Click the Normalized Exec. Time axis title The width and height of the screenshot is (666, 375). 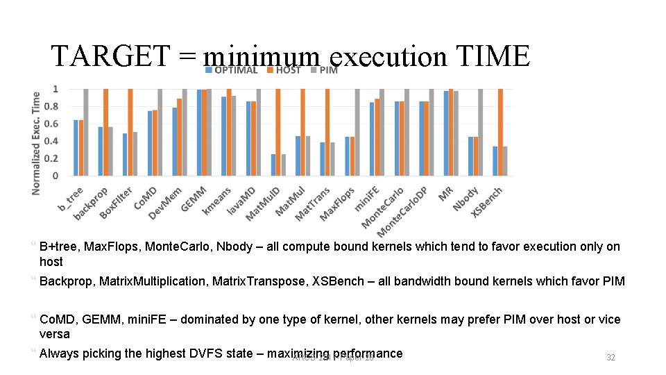[x=36, y=143]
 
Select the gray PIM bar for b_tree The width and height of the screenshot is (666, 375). [x=86, y=132]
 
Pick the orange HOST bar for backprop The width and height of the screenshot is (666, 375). [x=105, y=132]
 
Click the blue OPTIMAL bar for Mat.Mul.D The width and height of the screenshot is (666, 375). [x=273, y=165]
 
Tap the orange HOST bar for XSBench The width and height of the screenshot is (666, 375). [x=500, y=132]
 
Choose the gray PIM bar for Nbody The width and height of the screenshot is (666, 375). [x=480, y=132]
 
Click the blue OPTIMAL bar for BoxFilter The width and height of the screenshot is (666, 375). [x=125, y=154]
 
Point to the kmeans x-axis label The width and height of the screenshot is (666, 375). [x=216, y=200]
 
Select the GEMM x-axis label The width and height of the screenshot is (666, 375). [x=194, y=198]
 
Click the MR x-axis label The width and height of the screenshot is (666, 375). [x=446, y=193]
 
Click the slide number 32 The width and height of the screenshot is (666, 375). [x=610, y=357]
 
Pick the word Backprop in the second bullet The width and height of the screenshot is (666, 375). [x=67, y=281]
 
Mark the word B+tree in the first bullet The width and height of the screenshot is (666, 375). [x=58, y=247]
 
